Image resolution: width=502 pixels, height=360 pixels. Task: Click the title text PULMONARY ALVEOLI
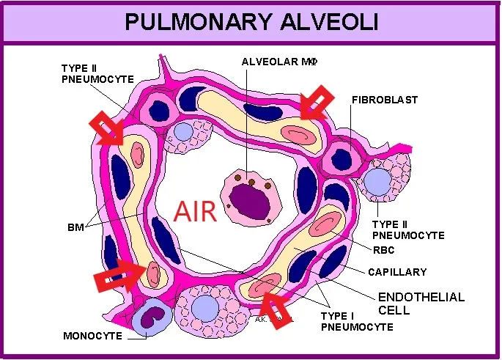[251, 22]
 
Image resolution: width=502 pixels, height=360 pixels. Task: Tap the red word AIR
[195, 211]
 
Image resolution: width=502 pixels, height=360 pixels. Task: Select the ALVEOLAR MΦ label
[278, 63]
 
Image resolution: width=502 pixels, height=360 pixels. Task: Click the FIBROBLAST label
[385, 100]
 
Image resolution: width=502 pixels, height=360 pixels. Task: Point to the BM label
[75, 228]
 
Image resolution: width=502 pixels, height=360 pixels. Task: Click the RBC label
[383, 250]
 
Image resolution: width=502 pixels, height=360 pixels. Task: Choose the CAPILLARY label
[397, 272]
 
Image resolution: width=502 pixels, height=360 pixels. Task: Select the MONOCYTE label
[92, 336]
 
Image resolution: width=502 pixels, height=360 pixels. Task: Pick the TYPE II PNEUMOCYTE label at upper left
[97, 73]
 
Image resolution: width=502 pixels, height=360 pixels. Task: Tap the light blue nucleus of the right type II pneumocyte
[378, 181]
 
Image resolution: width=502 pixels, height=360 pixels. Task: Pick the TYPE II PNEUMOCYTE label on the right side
[408, 229]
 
